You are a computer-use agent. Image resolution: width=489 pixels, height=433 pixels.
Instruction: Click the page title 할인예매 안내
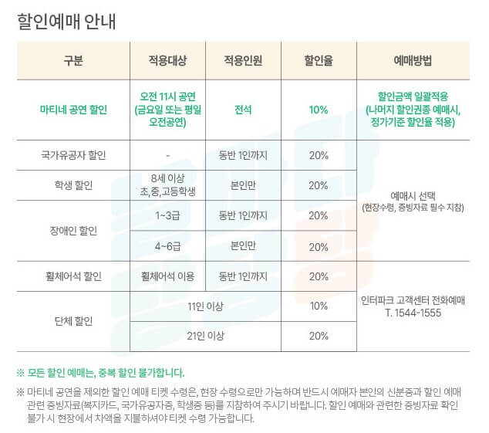[66, 20]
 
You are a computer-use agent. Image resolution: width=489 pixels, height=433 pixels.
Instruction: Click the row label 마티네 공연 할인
[73, 110]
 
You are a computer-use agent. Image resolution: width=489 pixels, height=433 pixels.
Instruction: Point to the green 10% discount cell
[318, 110]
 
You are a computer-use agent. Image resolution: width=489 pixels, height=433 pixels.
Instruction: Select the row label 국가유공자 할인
[73, 155]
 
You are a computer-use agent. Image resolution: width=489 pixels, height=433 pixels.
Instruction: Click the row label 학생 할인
[73, 185]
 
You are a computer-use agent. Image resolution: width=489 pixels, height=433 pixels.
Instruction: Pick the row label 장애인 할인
[73, 230]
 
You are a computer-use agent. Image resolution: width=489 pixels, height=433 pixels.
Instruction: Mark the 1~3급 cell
[167, 215]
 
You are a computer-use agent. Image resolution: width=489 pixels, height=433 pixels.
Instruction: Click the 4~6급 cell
[167, 246]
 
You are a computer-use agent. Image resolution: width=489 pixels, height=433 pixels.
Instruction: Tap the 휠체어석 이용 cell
[167, 276]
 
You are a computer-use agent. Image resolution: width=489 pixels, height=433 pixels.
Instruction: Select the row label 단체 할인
[73, 320]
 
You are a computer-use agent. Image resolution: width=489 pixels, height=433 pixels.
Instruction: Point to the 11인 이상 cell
[205, 306]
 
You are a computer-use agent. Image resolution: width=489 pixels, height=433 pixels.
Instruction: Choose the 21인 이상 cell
[205, 336]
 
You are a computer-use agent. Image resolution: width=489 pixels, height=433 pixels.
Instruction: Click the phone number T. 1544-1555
[413, 313]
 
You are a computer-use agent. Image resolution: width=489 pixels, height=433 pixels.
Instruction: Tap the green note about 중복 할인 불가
[100, 371]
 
